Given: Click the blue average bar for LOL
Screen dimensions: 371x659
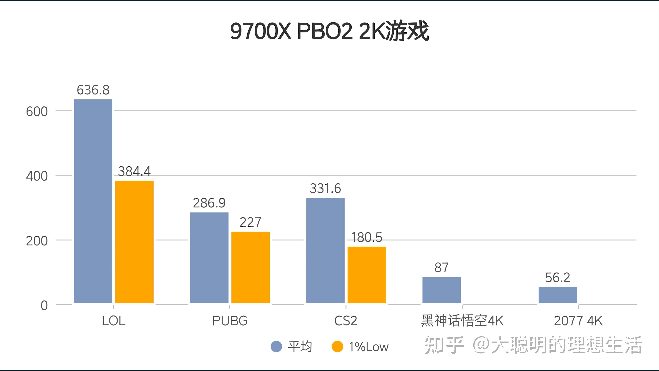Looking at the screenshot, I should coord(93,201).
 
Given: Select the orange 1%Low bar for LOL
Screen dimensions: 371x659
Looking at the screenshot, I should coord(134,242).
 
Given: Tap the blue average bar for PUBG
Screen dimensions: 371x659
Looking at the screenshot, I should coord(209,258).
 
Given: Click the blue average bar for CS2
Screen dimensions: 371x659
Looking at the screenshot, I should coord(325,250).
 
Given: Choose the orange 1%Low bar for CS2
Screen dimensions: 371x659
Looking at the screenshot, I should coord(367,275).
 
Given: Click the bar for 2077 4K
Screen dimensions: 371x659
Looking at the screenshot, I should coord(558,295).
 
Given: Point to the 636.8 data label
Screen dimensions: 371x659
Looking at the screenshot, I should coord(93,90).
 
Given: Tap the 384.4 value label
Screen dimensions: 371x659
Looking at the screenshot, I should coord(134,171).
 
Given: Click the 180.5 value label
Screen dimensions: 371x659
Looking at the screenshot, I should coord(367,237).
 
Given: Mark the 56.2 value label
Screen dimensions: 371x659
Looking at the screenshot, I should coord(558,278).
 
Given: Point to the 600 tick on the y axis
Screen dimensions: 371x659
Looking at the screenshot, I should coord(37,112).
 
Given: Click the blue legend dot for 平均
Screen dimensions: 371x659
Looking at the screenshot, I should coord(276,347).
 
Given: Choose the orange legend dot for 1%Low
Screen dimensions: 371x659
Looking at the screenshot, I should coord(337,347).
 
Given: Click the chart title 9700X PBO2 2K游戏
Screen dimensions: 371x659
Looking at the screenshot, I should coord(329,31).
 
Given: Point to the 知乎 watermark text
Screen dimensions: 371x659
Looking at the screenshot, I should coord(444,345).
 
